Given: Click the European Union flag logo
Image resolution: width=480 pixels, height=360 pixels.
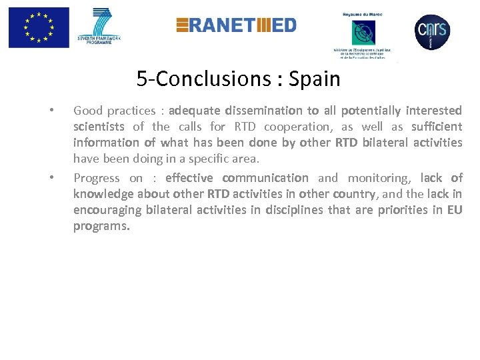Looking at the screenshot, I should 39,27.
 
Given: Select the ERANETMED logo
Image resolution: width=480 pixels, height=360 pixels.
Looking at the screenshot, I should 236,25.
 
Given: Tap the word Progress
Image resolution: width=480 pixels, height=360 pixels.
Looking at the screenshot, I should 97,178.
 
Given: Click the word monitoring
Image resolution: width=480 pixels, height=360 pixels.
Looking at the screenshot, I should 381,178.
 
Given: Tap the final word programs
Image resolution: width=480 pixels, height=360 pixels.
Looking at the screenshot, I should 101,227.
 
